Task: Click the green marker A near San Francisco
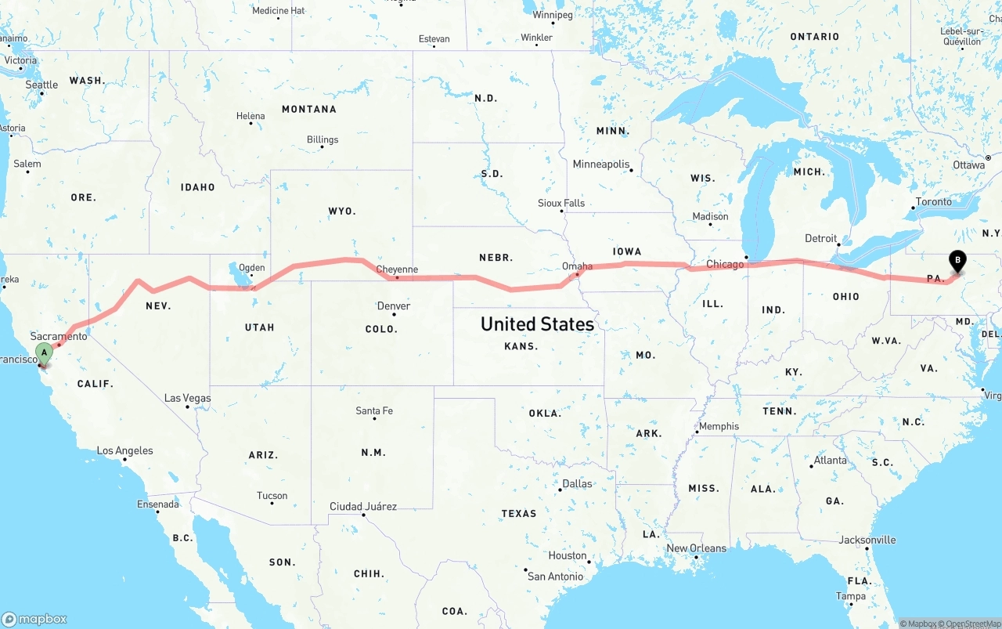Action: click(45, 353)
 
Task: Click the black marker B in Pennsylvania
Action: click(957, 262)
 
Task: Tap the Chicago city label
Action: click(725, 265)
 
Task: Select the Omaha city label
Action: click(578, 266)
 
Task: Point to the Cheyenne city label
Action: click(397, 269)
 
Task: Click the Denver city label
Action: click(393, 306)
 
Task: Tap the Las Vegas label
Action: click(187, 398)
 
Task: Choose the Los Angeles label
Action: click(124, 450)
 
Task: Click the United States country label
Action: click(537, 324)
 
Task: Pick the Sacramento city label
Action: click(59, 336)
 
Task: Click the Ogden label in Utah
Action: click(251, 267)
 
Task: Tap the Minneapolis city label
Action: click(601, 164)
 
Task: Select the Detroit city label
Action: click(820, 238)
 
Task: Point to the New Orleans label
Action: click(696, 548)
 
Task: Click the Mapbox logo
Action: click(34, 619)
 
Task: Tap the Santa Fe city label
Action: click(374, 410)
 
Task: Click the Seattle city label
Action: click(41, 85)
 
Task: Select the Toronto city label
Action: click(933, 202)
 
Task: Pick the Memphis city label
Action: click(719, 426)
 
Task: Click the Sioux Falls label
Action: click(561, 203)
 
